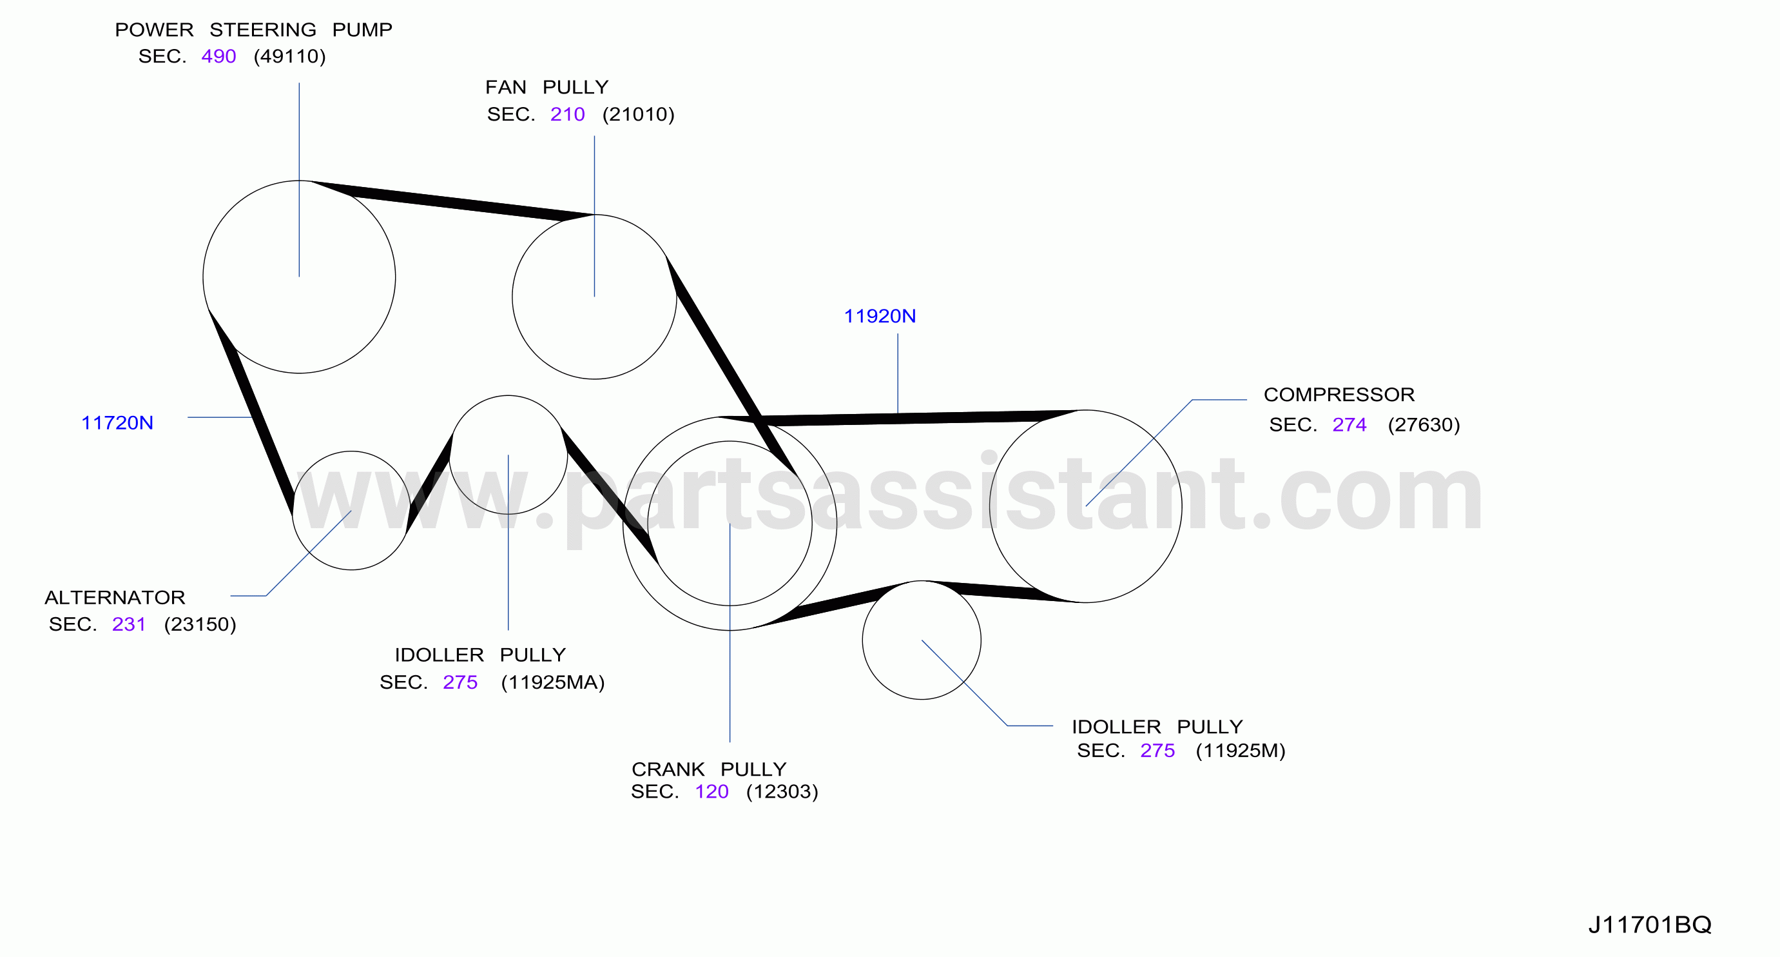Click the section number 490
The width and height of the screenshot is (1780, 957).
point(218,56)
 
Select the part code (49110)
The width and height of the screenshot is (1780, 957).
point(289,56)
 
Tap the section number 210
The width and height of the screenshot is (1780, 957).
point(567,114)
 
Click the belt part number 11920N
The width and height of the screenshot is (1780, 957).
point(880,316)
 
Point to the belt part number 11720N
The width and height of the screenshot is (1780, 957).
point(117,422)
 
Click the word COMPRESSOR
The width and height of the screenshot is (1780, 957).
point(1339,394)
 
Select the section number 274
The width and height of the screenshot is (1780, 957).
point(1350,424)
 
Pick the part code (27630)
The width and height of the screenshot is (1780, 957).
point(1424,424)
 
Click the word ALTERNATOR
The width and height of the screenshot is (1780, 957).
point(115,597)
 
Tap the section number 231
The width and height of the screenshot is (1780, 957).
point(128,624)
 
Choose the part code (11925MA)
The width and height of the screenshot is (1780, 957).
point(553,682)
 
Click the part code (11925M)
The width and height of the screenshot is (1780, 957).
point(1241,750)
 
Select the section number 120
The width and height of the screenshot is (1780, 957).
point(711,792)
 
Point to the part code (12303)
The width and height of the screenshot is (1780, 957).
point(782,792)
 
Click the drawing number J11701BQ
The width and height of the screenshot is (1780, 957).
point(1650,925)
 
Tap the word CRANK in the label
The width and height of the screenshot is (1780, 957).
point(668,769)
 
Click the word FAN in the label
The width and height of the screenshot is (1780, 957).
point(506,87)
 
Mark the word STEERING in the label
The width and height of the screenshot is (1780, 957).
point(262,30)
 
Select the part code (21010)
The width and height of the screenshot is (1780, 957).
point(639,114)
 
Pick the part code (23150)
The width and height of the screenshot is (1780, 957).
point(200,624)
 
